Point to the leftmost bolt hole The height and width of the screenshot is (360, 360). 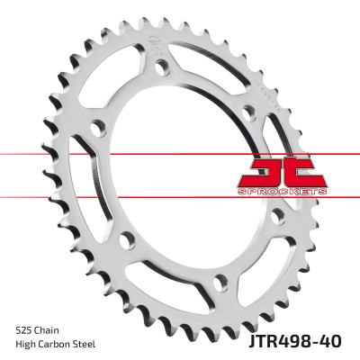127,239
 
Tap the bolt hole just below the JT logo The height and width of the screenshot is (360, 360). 278,216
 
